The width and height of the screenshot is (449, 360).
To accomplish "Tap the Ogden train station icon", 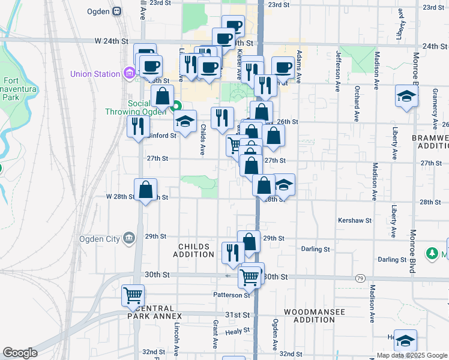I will click(x=116, y=10).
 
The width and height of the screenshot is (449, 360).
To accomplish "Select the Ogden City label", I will click(x=99, y=238).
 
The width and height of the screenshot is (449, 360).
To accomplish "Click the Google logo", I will click(x=20, y=352).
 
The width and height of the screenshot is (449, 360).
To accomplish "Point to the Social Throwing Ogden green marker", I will click(x=176, y=108).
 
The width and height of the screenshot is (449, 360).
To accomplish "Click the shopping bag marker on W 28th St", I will click(x=145, y=190).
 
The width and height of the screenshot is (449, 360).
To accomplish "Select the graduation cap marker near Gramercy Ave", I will click(x=406, y=97).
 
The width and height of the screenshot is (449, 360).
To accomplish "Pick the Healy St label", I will click(x=237, y=331).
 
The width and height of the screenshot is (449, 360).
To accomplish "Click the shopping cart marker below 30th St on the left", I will click(x=133, y=295).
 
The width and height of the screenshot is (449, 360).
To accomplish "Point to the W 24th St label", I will click(x=112, y=41).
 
